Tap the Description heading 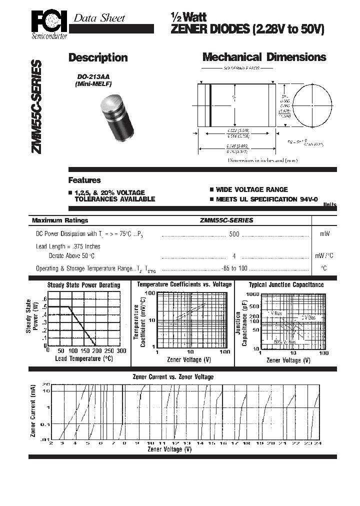tap(98, 57)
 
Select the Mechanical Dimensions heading tap(264, 57)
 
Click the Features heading tap(84, 180)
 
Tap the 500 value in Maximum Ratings tap(234, 233)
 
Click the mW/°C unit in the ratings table tap(324, 255)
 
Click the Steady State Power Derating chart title tap(83, 285)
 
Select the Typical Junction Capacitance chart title tap(286, 285)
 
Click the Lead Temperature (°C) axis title tap(84, 358)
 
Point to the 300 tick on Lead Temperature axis tap(121, 351)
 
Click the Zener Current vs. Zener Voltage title tap(172, 376)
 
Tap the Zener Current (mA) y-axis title tap(33, 411)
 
